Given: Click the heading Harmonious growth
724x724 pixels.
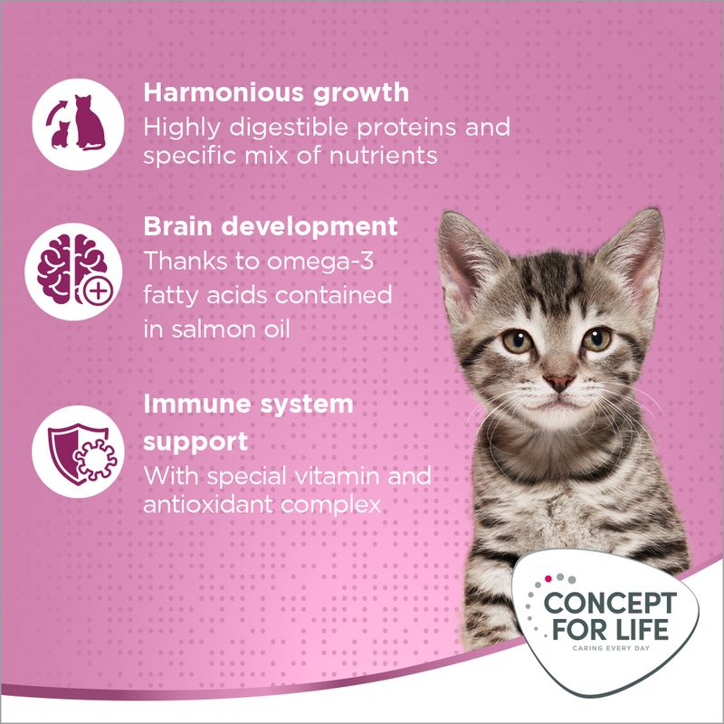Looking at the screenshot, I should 276,93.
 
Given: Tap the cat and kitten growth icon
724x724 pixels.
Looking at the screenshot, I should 69,123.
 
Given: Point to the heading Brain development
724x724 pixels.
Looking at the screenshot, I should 271,225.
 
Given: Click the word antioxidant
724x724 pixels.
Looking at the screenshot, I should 215,504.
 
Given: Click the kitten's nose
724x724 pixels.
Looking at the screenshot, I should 559,382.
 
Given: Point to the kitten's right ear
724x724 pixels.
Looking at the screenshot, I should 637,244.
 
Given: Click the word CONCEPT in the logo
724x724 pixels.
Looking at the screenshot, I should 607,604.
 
